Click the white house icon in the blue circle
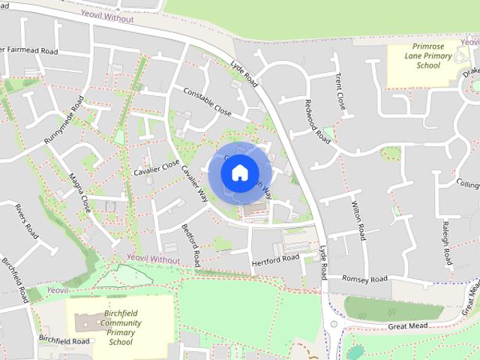pyautogui.click(x=239, y=172)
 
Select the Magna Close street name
pyautogui.click(x=79, y=192)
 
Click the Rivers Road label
pyautogui.click(x=26, y=220)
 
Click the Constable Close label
pyautogui.click(x=207, y=101)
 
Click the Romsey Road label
pyautogui.click(x=365, y=279)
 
